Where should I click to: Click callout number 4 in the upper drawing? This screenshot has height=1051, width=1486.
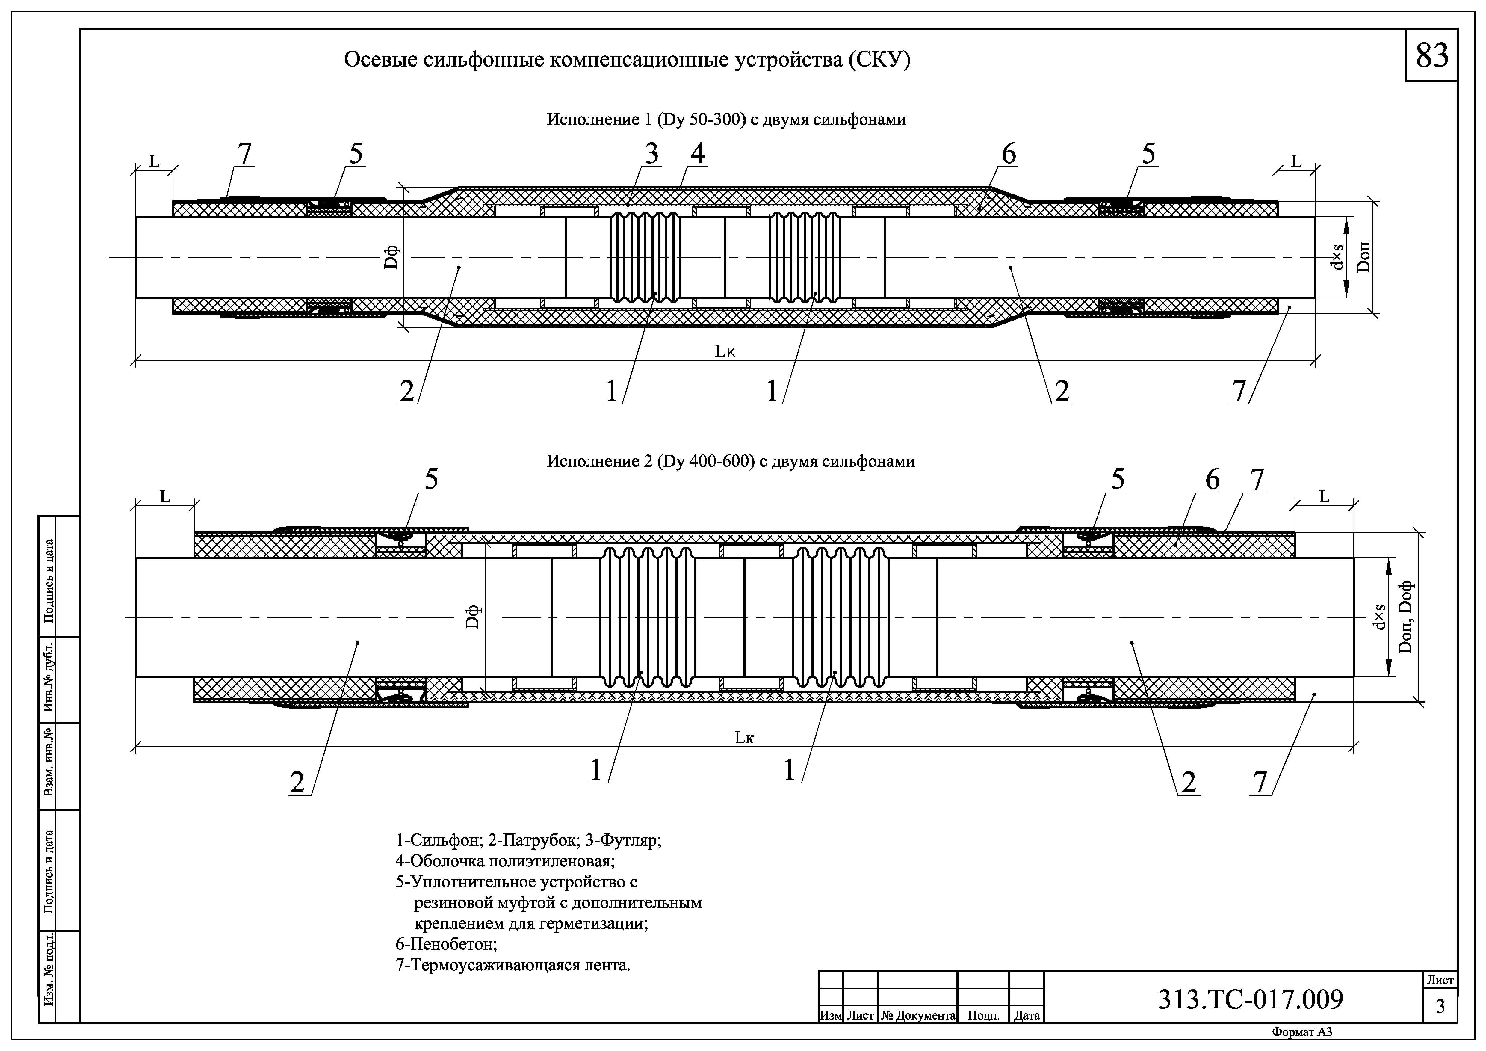(x=697, y=154)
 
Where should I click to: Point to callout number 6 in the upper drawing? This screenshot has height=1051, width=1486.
(x=1008, y=154)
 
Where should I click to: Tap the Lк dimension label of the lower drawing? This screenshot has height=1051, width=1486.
(x=744, y=737)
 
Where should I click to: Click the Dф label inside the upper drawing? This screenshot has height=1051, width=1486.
(x=391, y=258)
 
